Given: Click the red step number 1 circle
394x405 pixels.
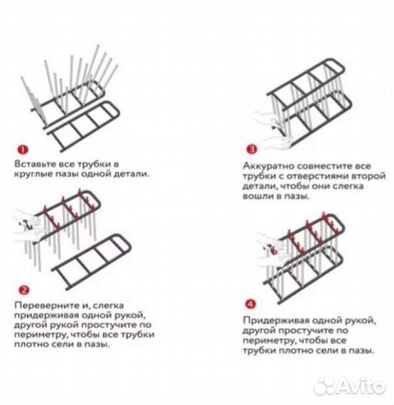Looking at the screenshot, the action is click(x=23, y=149).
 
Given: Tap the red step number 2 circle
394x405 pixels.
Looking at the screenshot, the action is click(x=24, y=290).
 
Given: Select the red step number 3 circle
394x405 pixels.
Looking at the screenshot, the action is click(x=251, y=149).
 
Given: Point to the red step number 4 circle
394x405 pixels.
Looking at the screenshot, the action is click(x=250, y=304).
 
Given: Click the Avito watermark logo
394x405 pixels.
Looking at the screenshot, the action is click(x=350, y=387).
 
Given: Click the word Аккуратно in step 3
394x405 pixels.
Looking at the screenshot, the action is click(x=268, y=166).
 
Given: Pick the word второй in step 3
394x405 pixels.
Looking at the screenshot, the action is click(x=368, y=176).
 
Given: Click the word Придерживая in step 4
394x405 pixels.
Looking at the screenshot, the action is click(x=276, y=320).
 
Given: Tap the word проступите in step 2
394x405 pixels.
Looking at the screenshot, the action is click(x=110, y=325).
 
